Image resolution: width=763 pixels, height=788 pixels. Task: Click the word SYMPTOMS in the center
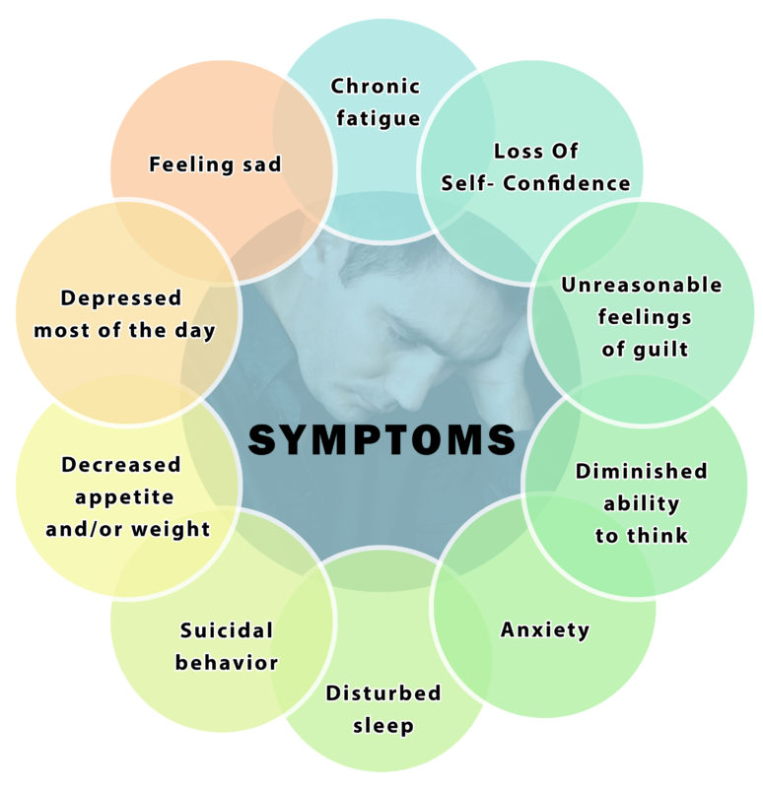pos(381,439)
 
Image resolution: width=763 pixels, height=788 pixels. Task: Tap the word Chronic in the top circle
pos(376,86)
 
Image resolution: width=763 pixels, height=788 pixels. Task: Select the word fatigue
pos(379,119)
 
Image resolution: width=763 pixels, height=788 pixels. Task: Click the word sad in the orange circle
pos(261,164)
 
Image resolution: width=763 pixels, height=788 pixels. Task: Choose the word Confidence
pos(567,183)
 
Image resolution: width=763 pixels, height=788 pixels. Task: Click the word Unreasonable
pos(642,285)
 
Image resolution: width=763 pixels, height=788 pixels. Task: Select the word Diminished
pos(642,471)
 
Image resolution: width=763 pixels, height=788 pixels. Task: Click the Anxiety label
pos(545,630)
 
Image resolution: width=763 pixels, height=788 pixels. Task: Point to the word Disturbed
pos(383,693)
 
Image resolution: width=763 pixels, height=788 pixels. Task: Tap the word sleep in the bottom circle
pos(383,727)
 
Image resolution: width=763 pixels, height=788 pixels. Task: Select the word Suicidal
pos(227,630)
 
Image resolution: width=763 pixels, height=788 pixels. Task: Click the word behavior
pos(227,663)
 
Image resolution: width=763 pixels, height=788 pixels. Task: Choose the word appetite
pos(124,498)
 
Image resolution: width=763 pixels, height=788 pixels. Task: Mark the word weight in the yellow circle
pos(171,530)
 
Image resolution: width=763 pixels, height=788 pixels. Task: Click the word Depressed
pos(120,298)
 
